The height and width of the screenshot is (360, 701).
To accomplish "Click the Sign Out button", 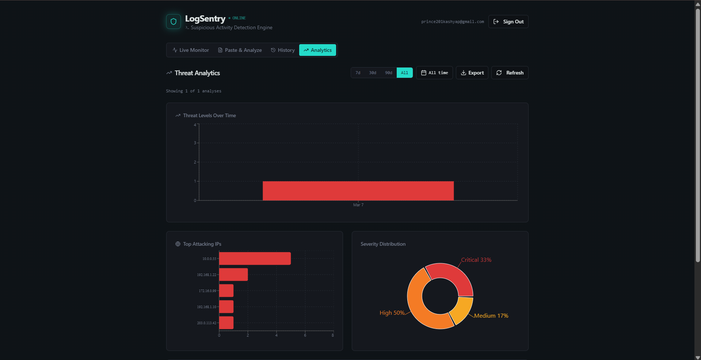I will point(508,22).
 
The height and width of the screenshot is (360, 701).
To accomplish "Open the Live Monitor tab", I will point(191,50).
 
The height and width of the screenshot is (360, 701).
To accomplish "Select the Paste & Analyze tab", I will point(240,50).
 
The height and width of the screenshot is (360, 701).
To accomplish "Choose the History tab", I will point(282,50).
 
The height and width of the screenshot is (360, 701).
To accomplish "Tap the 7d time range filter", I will point(358,73).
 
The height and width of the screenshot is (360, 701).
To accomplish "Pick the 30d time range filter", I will point(373,73).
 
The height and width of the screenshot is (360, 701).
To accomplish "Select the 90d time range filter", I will point(389,73).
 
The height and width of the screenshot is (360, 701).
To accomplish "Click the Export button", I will point(472,73).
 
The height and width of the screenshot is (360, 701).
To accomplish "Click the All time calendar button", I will point(434,73).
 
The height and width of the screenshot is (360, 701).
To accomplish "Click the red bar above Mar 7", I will point(358,191).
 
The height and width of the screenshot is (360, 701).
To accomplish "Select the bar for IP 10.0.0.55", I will point(255,258).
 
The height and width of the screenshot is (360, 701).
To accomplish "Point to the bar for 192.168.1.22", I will point(233,275).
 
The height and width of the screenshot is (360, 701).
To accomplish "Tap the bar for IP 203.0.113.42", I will point(226,323).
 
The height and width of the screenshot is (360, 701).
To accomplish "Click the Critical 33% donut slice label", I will point(476,260).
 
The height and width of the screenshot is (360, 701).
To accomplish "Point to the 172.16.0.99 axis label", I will point(207,291).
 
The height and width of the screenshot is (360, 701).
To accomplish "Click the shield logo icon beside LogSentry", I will point(174,22).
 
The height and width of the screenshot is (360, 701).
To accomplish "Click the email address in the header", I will point(452,22).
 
